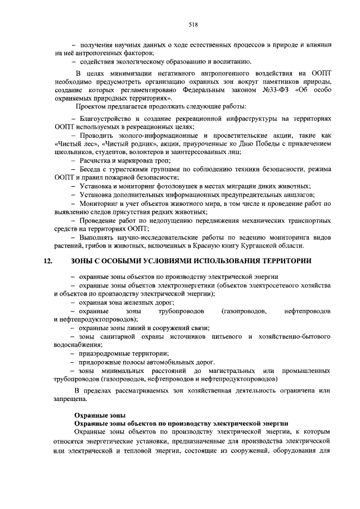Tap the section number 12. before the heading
pyautogui.click(x=48, y=262)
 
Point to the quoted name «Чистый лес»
pyautogui.click(x=74, y=143)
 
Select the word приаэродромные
pyautogui.click(x=105, y=354)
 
